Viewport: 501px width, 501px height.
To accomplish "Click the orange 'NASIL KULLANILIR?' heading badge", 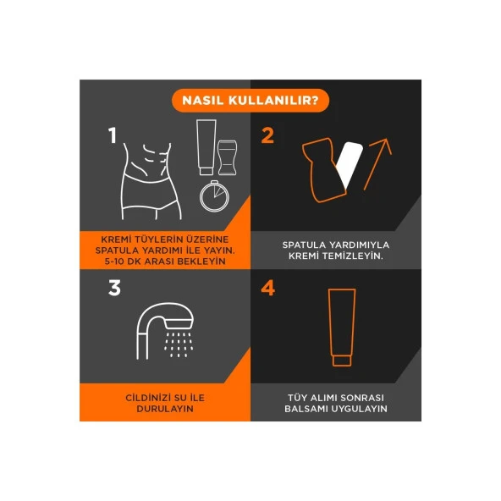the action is (x=250, y=101).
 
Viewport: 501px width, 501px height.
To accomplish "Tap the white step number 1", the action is (x=113, y=135).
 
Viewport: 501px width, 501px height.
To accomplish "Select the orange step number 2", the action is (x=267, y=135).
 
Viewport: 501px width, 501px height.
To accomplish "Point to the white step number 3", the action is (x=114, y=288).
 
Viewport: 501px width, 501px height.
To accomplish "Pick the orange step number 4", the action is (x=267, y=288).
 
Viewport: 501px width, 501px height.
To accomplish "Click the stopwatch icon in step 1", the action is (x=214, y=195).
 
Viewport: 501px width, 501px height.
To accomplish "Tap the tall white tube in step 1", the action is (x=206, y=147).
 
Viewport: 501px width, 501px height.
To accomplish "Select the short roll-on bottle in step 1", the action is (x=227, y=157).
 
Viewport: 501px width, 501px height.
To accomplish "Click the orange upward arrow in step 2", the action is (x=377, y=164).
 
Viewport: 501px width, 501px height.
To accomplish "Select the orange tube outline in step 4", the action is (x=342, y=328).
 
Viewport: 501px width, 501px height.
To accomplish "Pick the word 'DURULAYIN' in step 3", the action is (x=165, y=409).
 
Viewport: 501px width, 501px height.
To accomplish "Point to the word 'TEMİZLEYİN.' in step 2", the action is (x=352, y=256).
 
